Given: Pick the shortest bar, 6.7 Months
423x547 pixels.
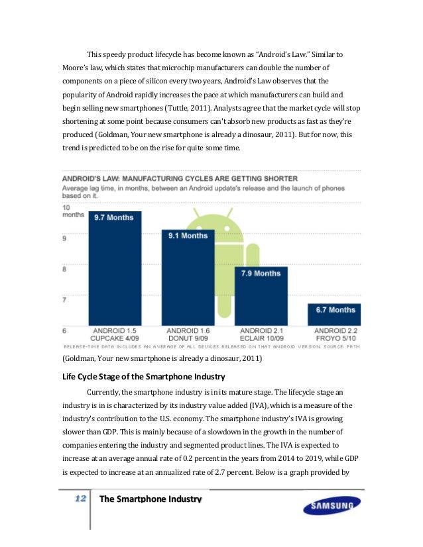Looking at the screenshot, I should [x=334, y=315].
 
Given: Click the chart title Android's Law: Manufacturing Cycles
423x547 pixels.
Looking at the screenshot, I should [x=180, y=178].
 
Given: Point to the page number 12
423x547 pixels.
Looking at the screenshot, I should [x=81, y=499].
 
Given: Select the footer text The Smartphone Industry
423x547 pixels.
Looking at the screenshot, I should [x=150, y=499].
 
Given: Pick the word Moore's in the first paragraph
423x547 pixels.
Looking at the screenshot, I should [x=78, y=68].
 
